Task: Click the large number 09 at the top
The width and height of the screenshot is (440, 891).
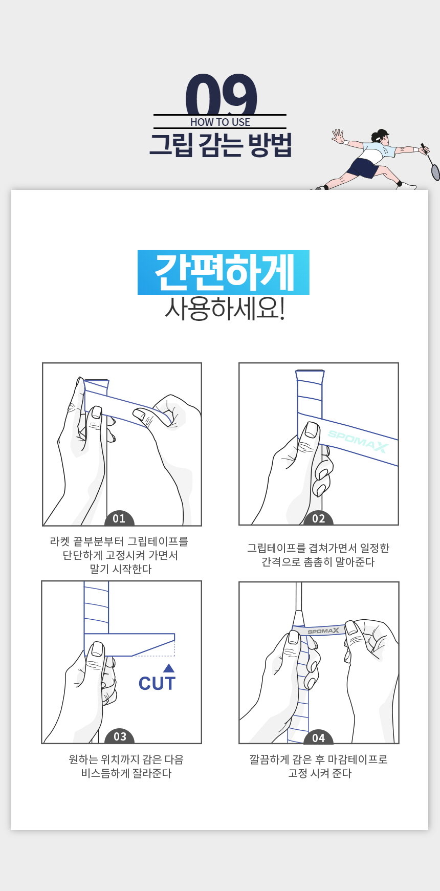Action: (x=221, y=94)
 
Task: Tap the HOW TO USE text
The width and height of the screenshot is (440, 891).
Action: (x=220, y=122)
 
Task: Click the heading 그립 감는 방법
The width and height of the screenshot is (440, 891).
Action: (x=221, y=145)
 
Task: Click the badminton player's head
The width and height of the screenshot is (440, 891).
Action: (x=380, y=136)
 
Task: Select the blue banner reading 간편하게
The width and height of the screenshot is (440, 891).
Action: (x=224, y=272)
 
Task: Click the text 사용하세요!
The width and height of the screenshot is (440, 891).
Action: (x=224, y=309)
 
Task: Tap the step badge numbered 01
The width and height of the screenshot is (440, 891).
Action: (x=119, y=518)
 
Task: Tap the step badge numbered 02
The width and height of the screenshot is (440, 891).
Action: (x=318, y=518)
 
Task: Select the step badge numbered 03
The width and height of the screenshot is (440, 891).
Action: (x=120, y=736)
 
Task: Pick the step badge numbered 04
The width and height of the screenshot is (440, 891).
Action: (x=318, y=737)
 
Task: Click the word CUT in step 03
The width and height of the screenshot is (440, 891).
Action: (x=157, y=684)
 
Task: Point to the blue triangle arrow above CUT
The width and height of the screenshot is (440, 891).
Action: (x=169, y=668)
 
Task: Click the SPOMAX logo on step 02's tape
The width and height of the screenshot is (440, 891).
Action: (x=358, y=442)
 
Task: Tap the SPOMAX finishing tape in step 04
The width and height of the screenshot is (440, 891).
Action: (x=323, y=631)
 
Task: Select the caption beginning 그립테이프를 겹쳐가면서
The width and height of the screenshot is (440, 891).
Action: (x=318, y=555)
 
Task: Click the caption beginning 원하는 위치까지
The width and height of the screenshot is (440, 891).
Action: (x=126, y=767)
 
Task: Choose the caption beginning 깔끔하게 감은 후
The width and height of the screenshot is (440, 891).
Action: (x=319, y=767)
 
